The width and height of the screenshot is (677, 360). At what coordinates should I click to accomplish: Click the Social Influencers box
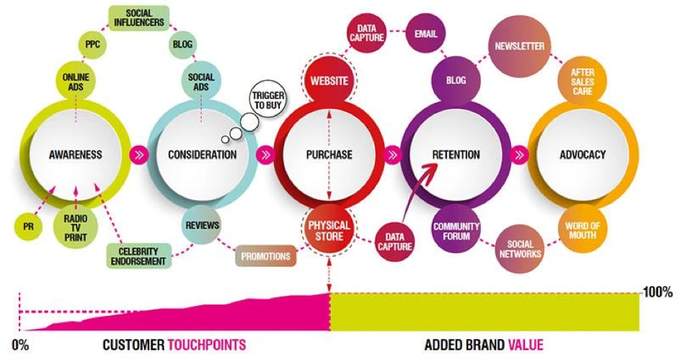click(x=139, y=17)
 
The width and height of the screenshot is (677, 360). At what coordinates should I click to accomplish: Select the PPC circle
click(x=92, y=45)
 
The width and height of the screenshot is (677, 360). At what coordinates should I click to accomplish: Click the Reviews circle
click(x=202, y=225)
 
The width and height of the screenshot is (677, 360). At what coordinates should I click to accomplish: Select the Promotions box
click(x=266, y=255)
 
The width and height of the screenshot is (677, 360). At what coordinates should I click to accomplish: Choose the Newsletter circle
click(x=519, y=46)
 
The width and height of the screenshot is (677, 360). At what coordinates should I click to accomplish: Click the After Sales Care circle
click(x=583, y=82)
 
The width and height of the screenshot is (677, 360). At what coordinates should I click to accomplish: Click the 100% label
click(x=657, y=293)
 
